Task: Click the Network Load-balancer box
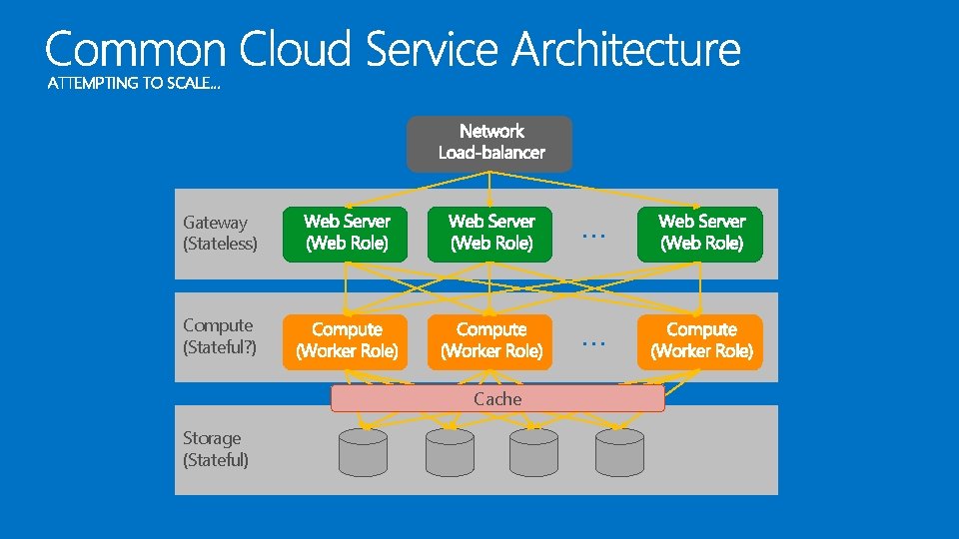pos(489,143)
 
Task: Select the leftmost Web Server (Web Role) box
pos(346,234)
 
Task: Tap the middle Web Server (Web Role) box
pos(489,234)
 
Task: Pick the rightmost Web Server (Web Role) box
pos(700,234)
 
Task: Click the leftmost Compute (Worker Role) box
pos(346,341)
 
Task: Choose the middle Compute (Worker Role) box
pos(489,341)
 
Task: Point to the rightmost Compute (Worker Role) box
pos(700,341)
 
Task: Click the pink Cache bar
pos(497,399)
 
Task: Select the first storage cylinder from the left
pos(364,452)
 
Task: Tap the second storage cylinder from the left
pos(450,452)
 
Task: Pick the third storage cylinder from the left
pos(534,452)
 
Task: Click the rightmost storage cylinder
pos(619,452)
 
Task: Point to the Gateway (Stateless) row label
pos(220,234)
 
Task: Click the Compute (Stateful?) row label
pos(220,336)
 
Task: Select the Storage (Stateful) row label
pos(216,449)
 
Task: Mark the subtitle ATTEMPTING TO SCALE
pos(135,84)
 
